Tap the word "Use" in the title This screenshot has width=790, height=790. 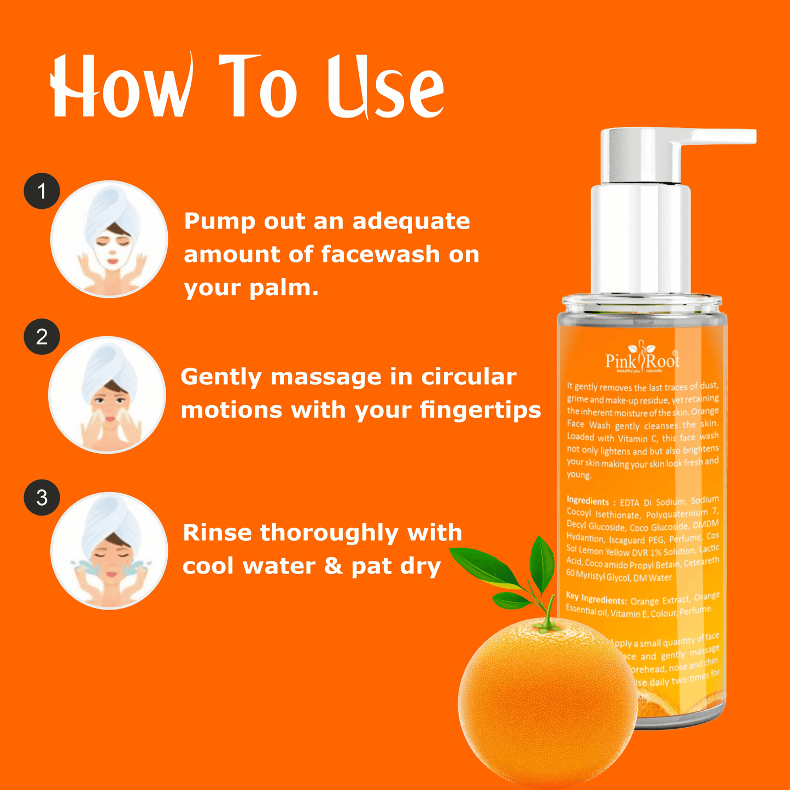coord(386,87)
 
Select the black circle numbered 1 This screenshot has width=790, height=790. coord(42,191)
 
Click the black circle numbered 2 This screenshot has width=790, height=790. coord(42,337)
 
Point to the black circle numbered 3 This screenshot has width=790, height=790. coord(42,498)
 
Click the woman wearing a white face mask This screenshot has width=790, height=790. coord(109,239)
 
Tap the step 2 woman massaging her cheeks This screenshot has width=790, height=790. coord(107,395)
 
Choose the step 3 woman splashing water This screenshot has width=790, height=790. coord(109,551)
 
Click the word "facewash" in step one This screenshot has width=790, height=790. coord(380,254)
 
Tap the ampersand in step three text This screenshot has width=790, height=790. coord(333,566)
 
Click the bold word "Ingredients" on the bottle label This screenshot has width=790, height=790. coord(588,501)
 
